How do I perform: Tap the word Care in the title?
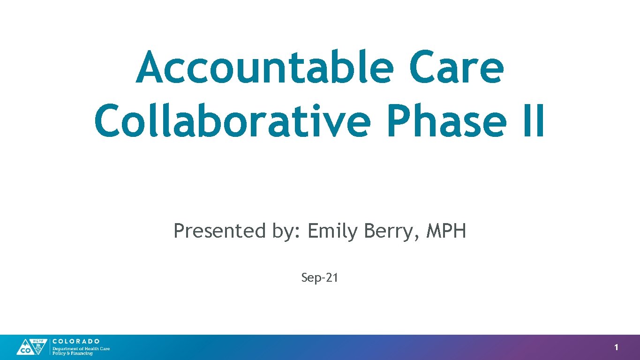click(456, 68)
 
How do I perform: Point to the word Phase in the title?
click(445, 121)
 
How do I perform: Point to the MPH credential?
click(446, 231)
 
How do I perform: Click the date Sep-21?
click(320, 278)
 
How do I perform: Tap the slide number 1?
click(616, 347)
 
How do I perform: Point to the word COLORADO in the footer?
click(76, 341)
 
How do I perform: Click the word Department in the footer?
click(63, 349)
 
